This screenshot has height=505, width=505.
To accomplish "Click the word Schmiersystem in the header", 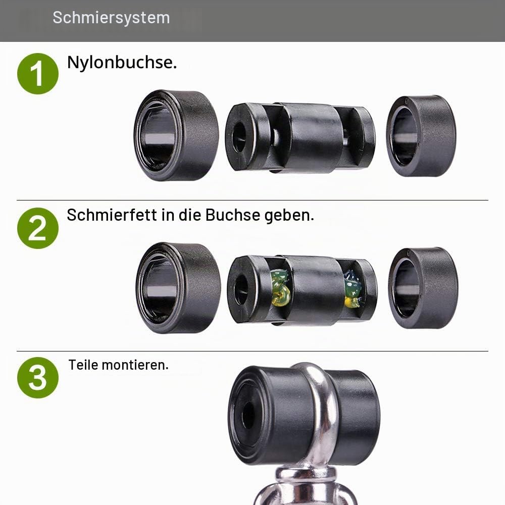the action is [111, 18].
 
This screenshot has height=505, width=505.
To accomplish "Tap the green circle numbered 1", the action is [38, 74].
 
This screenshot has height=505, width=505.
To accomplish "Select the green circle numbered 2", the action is [38, 228].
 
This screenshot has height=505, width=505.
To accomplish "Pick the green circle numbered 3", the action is [38, 377].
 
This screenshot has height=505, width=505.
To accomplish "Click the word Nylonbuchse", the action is [122, 62].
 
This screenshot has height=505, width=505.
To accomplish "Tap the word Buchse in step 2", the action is [232, 215].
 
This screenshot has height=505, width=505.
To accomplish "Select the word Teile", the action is [83, 365].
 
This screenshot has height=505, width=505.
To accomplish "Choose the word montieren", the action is [135, 365].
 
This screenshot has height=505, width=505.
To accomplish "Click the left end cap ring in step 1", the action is [176, 135].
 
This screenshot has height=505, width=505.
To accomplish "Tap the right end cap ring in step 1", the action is [421, 136].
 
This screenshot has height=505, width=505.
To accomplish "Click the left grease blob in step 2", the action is [280, 287].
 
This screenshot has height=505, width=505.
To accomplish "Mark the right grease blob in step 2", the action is [352, 288].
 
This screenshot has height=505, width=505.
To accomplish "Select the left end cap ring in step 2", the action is [178, 288].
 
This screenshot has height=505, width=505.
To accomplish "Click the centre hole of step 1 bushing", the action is [239, 136].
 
